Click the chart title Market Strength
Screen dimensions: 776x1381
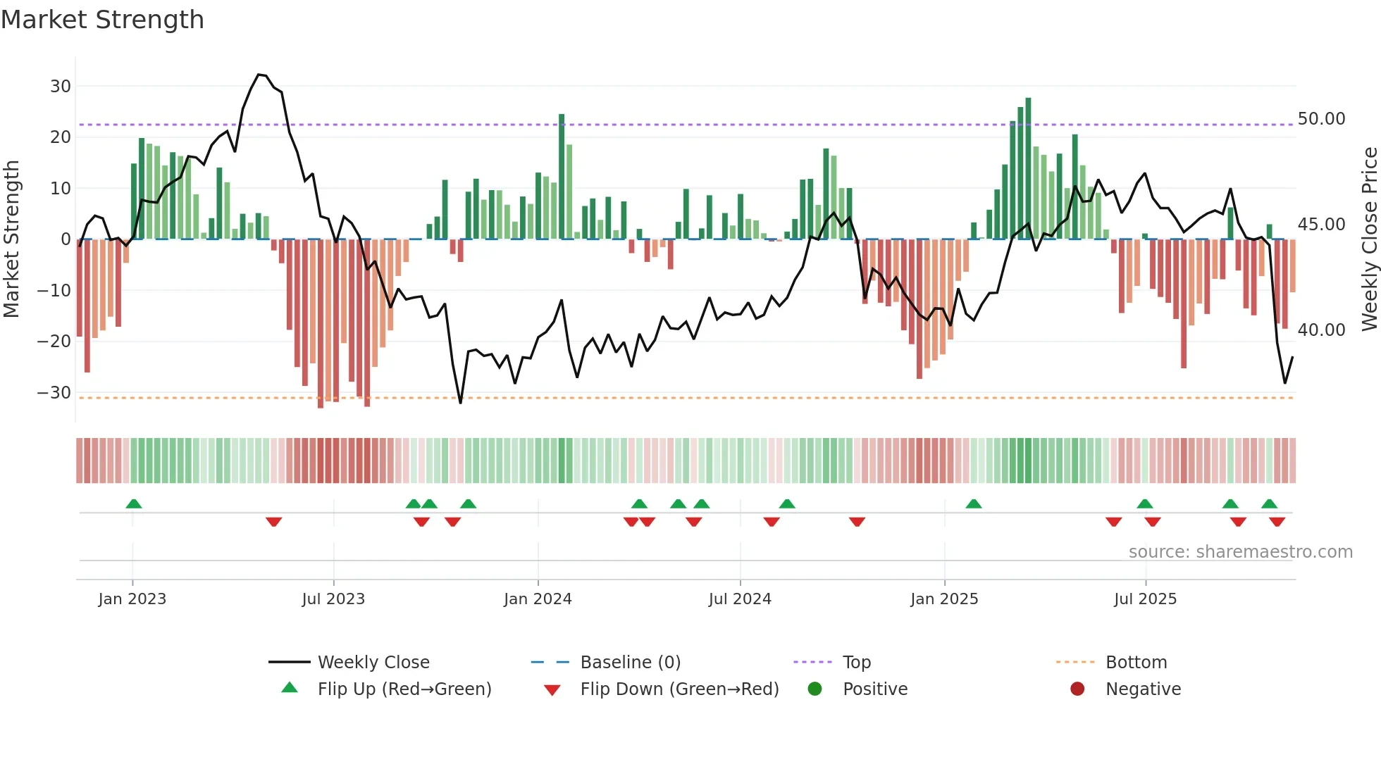click(x=102, y=20)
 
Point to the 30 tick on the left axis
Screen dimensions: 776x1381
click(x=61, y=87)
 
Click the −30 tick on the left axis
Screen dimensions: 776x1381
click(x=55, y=393)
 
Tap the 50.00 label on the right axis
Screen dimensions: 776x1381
click(x=1321, y=119)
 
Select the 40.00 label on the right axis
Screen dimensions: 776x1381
click(x=1321, y=330)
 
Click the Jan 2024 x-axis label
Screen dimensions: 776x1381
click(x=538, y=599)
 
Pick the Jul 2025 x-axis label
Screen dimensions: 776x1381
click(x=1145, y=599)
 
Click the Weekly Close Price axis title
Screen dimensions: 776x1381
click(x=1369, y=239)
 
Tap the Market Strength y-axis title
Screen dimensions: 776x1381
click(x=11, y=239)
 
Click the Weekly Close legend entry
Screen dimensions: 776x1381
click(x=373, y=663)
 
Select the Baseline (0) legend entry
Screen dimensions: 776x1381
click(x=630, y=663)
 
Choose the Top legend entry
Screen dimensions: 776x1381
click(x=857, y=663)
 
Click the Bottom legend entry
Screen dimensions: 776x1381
click(x=1136, y=663)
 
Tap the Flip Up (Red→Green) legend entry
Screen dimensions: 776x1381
click(x=404, y=689)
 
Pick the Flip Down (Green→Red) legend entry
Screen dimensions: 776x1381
click(x=679, y=689)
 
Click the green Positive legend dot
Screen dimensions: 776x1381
click(x=815, y=689)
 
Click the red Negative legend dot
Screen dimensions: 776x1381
click(x=1077, y=689)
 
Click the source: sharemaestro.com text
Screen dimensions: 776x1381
click(x=1240, y=552)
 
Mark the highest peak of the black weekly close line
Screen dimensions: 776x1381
click(x=259, y=75)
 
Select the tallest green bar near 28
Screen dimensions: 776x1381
click(x=1028, y=169)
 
